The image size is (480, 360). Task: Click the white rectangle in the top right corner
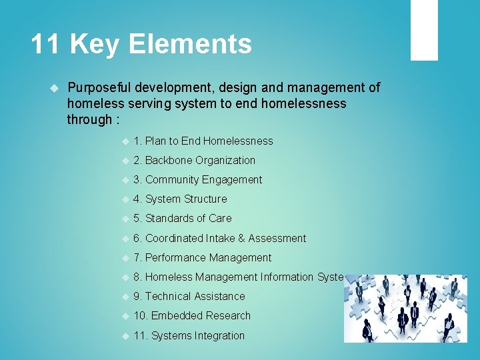(423, 30)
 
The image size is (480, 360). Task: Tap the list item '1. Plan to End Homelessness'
(203, 141)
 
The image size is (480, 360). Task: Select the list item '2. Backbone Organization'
(194, 160)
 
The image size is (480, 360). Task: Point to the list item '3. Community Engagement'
(197, 179)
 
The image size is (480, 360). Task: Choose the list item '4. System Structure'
(180, 199)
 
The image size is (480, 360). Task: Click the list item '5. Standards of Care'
(182, 218)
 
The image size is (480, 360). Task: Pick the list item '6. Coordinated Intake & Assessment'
(219, 238)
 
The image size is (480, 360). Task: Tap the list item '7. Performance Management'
(202, 257)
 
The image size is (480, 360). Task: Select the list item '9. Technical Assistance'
(189, 296)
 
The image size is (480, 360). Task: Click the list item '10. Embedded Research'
(192, 315)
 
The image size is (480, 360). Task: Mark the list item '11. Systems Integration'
(189, 335)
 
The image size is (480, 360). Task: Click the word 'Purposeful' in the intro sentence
(99, 87)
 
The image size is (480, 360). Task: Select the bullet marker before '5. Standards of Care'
(124, 219)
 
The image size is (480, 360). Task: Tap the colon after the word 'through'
(117, 120)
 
